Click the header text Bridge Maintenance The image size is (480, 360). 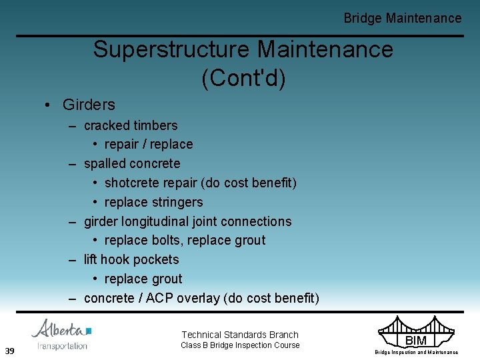[x=402, y=19]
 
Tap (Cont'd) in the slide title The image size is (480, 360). [x=243, y=78]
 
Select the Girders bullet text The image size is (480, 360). [x=88, y=105]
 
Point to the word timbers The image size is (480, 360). [x=155, y=125]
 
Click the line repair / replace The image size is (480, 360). [x=148, y=144]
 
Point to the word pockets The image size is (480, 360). [x=155, y=259]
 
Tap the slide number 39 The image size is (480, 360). [x=10, y=351]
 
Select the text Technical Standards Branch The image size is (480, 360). [x=240, y=335]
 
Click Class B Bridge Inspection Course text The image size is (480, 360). [x=240, y=345]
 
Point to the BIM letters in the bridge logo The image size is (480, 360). [x=416, y=341]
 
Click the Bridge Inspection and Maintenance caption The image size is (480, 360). [x=416, y=352]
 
